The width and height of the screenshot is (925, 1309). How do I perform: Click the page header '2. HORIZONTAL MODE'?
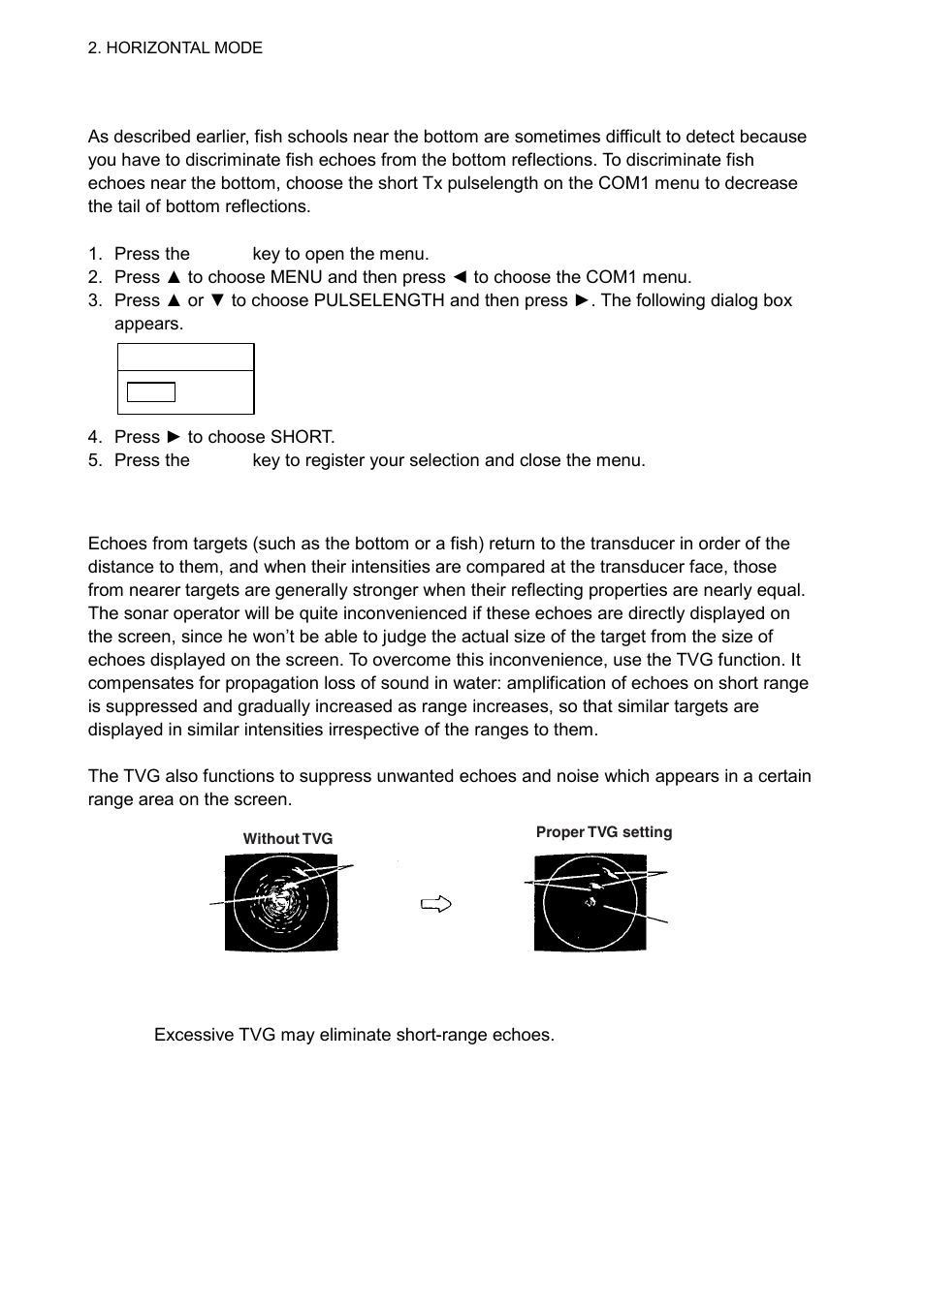pyautogui.click(x=175, y=47)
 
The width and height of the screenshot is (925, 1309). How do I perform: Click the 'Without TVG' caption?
pyautogui.click(x=287, y=839)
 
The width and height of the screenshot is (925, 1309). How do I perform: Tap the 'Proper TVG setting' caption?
pyautogui.click(x=603, y=832)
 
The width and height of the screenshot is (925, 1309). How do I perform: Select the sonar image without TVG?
pyautogui.click(x=281, y=902)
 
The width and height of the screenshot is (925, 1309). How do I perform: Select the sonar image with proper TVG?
pyautogui.click(x=590, y=902)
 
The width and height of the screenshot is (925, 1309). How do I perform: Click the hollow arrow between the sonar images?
pyautogui.click(x=436, y=905)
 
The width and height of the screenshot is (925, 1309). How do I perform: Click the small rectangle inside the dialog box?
pyautogui.click(x=151, y=392)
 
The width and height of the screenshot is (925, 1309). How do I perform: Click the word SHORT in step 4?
pyautogui.click(x=302, y=437)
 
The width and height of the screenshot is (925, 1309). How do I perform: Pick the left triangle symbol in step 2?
pyautogui.click(x=460, y=277)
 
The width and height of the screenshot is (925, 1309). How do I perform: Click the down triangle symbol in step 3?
pyautogui.click(x=217, y=300)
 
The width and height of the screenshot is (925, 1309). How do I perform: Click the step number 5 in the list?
pyautogui.click(x=94, y=460)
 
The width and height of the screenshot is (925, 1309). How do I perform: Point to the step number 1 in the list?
pyautogui.click(x=94, y=254)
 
